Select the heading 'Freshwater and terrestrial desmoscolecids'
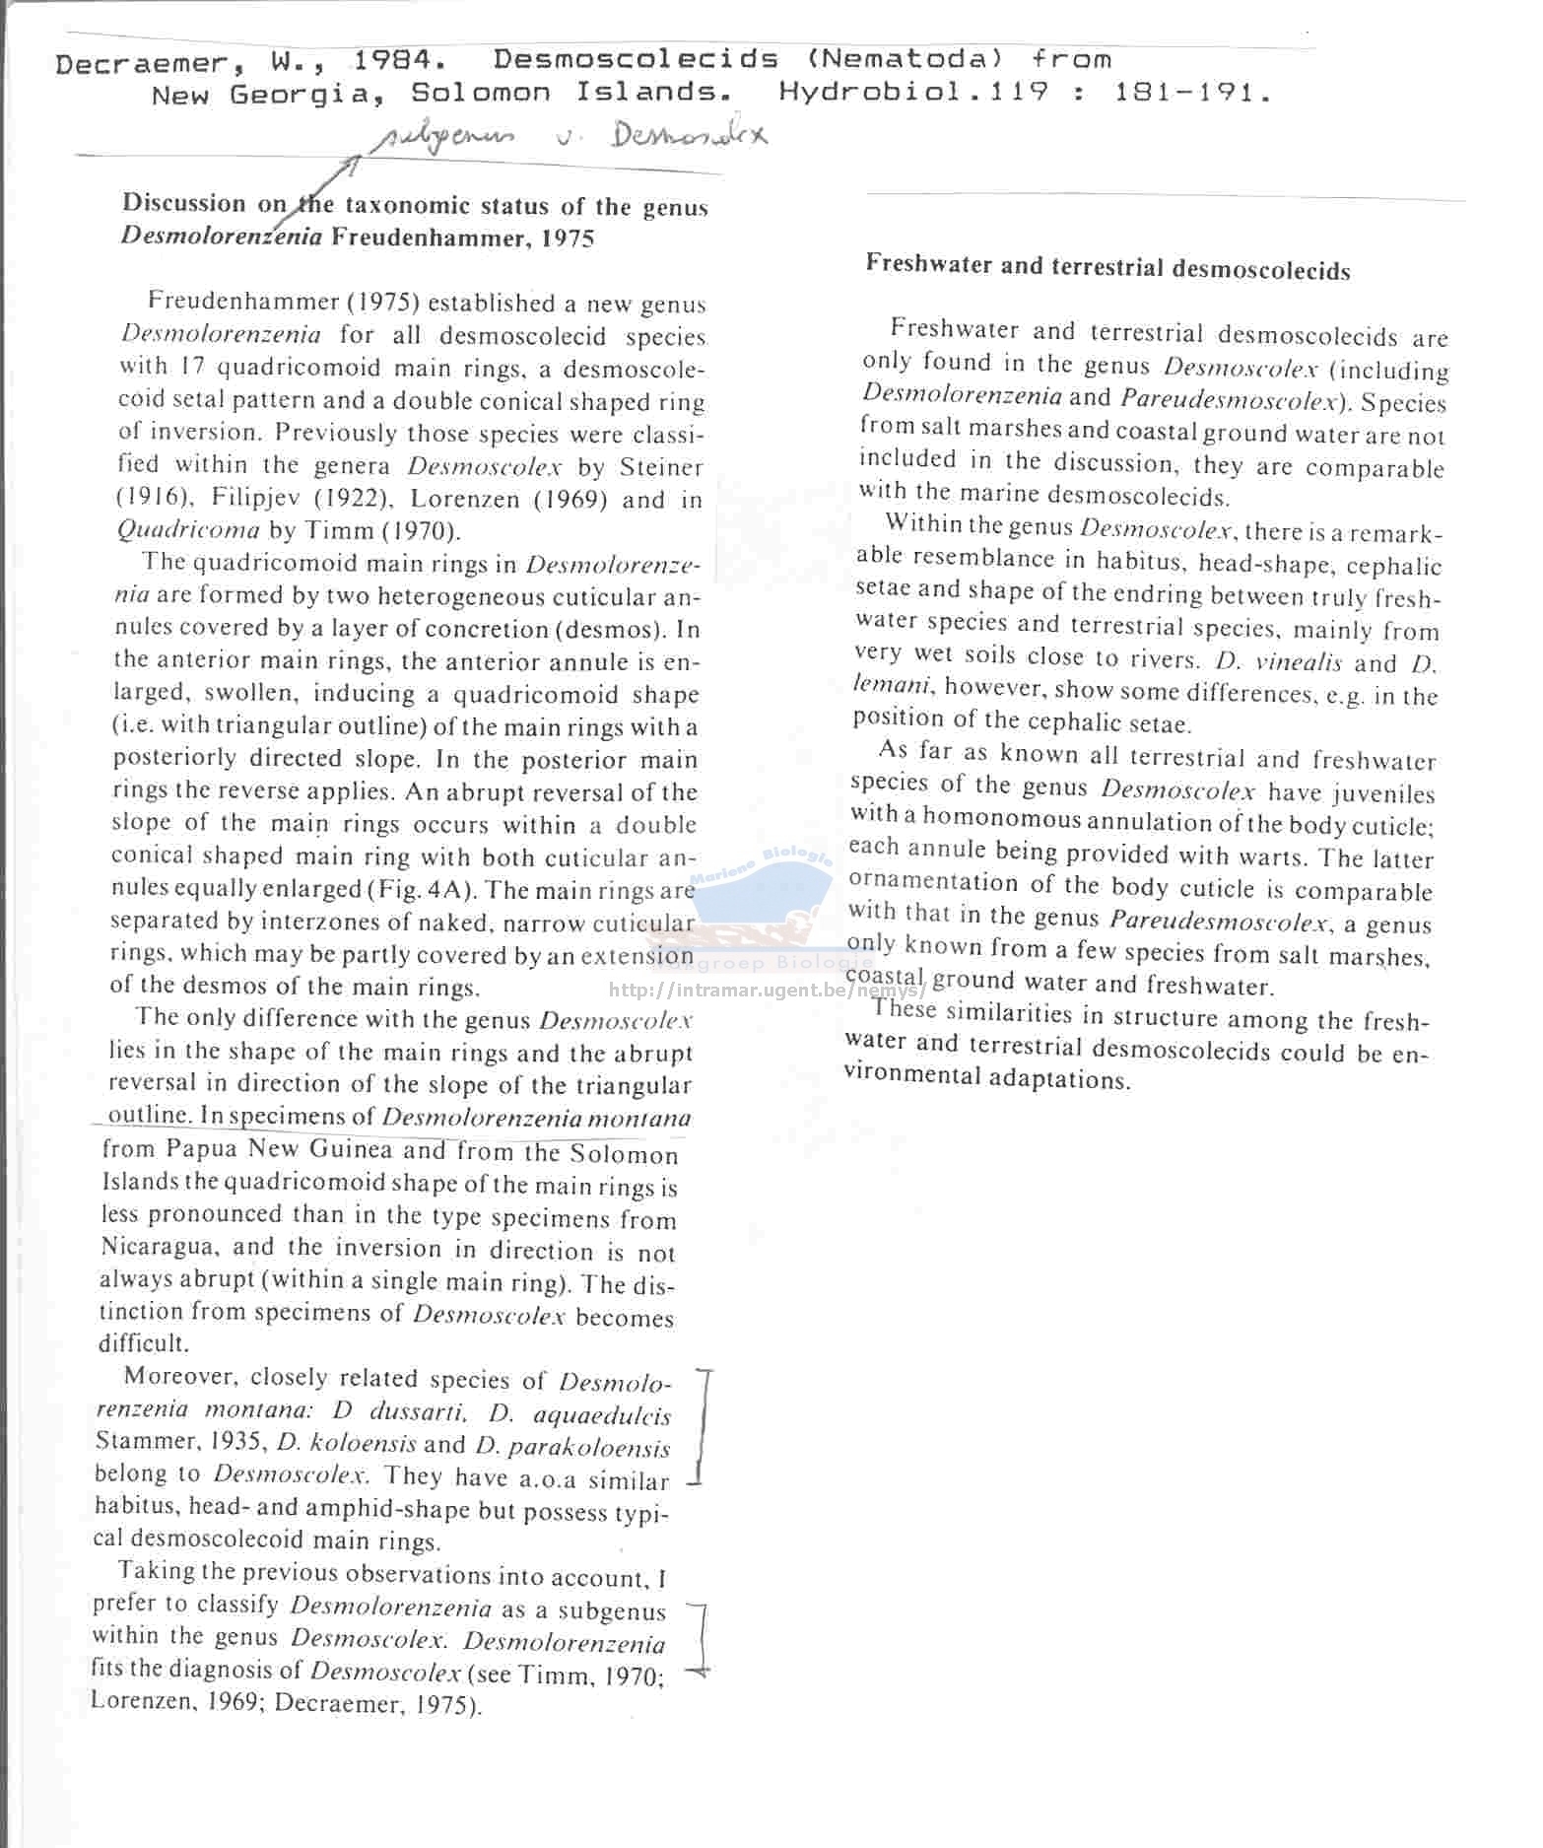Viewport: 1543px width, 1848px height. [x=1107, y=267]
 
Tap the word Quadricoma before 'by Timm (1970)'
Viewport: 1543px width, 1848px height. [x=188, y=530]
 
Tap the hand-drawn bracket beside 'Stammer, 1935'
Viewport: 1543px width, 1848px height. [x=701, y=1425]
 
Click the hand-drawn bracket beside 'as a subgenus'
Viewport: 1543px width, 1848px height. [x=701, y=1637]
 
